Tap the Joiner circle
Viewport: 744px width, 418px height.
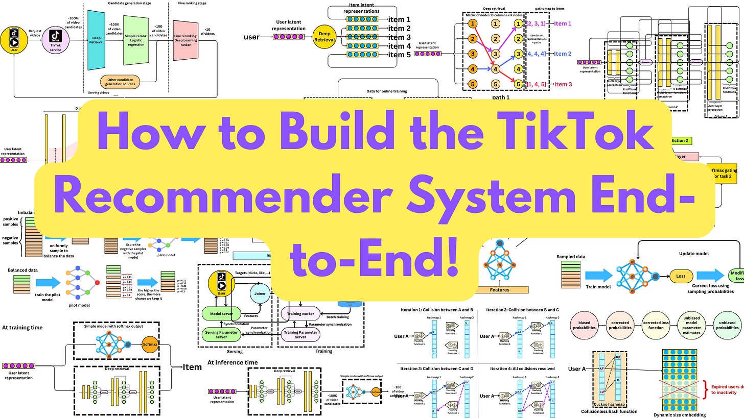point(261,293)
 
